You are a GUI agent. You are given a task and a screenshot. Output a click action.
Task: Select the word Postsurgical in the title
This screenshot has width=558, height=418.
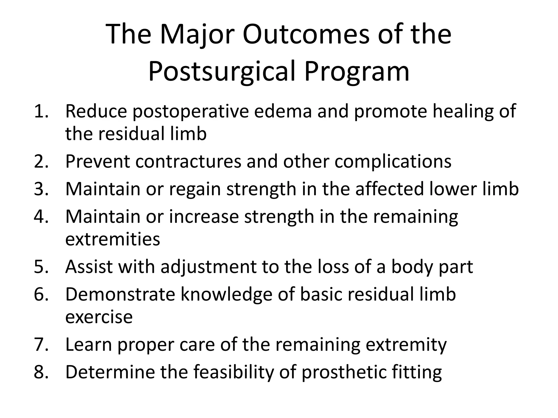click(222, 72)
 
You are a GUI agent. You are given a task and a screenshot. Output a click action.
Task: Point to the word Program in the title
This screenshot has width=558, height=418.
click(357, 72)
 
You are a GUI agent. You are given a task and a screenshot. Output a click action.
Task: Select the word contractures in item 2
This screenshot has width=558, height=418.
click(188, 161)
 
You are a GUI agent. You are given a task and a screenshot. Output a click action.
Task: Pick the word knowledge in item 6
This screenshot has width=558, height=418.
click(226, 294)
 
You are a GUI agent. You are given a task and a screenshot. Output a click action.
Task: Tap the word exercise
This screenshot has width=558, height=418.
click(99, 317)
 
